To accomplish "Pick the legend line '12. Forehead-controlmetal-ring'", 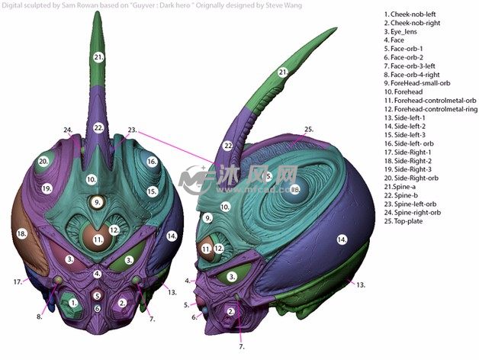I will (x=431, y=108).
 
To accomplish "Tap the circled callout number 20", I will (x=43, y=162).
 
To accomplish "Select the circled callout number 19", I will (x=47, y=188).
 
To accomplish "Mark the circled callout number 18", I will (x=21, y=233).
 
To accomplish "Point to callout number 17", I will (x=17, y=282).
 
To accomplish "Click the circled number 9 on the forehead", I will (x=95, y=202).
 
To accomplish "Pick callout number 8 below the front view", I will (x=39, y=316).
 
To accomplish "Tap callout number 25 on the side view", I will (x=308, y=130).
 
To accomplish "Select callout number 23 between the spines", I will (x=131, y=130).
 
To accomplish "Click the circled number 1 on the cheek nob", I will (x=73, y=303).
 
